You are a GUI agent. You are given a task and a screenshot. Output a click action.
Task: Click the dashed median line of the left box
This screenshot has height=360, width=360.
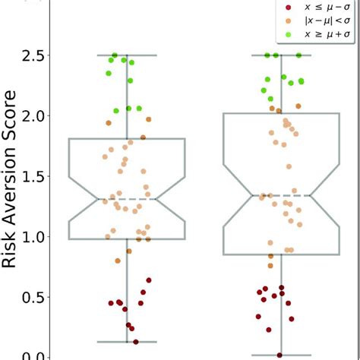click(x=128, y=200)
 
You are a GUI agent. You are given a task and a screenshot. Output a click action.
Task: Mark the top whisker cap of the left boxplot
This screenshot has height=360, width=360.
click(x=128, y=55)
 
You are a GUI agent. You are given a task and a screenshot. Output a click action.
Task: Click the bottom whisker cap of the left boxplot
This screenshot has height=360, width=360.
click(x=128, y=342)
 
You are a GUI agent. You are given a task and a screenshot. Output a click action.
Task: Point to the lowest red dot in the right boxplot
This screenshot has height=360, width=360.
click(x=279, y=355)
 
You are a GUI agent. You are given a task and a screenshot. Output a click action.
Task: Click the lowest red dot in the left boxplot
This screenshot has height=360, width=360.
click(x=136, y=342)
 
